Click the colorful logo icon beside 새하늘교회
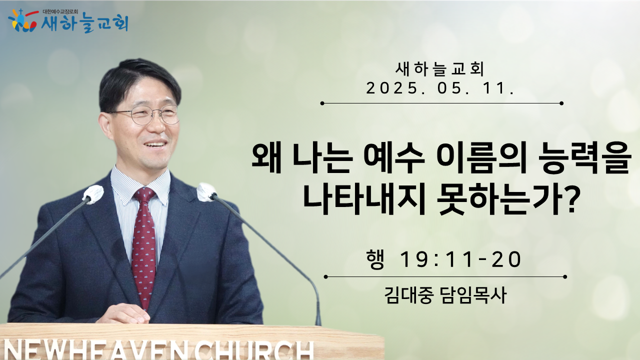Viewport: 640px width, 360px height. (23, 20)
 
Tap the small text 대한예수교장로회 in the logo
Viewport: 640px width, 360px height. (60, 11)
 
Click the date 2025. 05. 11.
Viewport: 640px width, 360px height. (440, 88)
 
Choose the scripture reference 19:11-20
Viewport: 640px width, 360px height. (461, 259)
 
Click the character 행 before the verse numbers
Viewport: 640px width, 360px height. (375, 259)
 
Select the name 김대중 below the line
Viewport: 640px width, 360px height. (407, 295)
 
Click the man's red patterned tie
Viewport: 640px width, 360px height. (144, 245)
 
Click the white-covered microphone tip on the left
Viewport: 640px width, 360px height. (93, 194)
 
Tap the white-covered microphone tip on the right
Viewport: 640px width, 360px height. (206, 192)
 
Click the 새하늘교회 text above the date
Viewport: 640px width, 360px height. (440, 69)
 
